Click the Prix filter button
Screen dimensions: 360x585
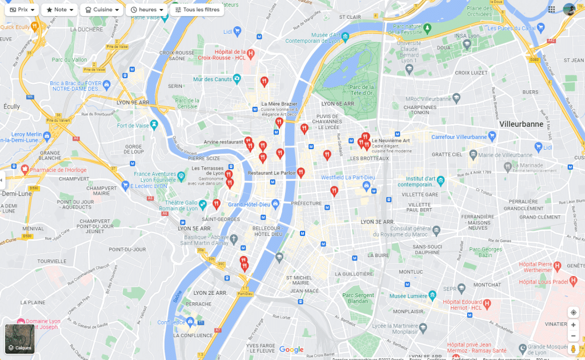[x=22, y=10]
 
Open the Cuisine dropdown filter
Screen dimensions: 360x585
[x=102, y=10]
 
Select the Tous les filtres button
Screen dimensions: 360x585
[x=197, y=10]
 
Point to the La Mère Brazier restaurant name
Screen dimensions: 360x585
[x=275, y=104]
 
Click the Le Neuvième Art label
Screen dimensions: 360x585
[x=391, y=141]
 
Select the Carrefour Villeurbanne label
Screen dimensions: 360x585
[x=459, y=137]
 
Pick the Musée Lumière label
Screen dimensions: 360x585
[x=408, y=296]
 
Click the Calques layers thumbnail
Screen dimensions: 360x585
[x=20, y=339]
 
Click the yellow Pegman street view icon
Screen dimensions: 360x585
[x=574, y=349]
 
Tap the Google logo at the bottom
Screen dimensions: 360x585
[x=291, y=350]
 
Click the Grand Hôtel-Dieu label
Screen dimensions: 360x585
[x=249, y=205]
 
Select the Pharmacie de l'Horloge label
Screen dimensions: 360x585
[x=54, y=170]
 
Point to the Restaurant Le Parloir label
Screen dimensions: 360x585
[x=271, y=173]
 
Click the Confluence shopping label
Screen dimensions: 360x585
[x=171, y=322]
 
